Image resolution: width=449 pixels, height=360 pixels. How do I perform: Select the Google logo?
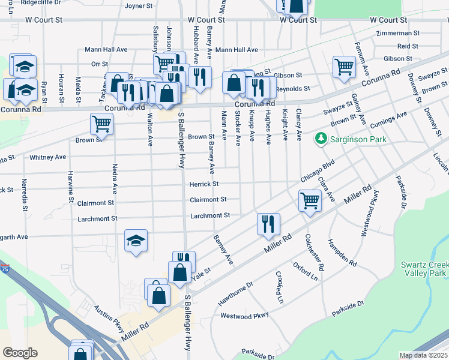pos(20,352)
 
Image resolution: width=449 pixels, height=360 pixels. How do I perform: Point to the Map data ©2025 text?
pos(423,355)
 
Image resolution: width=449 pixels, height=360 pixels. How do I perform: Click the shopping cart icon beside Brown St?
pos(101,124)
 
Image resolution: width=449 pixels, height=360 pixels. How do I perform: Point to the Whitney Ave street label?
pos(47,157)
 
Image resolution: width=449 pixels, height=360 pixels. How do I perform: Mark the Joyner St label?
pos(139,6)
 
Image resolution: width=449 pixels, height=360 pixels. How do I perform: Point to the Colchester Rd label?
pos(316,251)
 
